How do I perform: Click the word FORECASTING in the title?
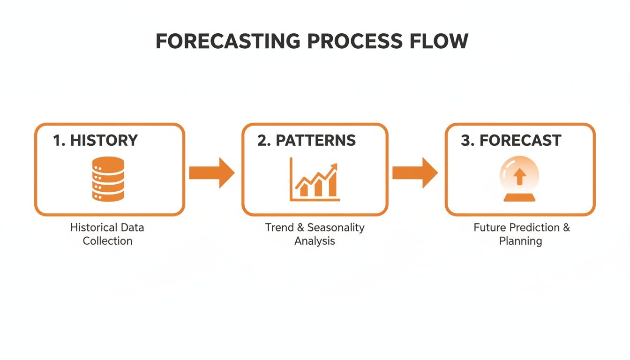[228, 42]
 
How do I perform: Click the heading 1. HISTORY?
[95, 140]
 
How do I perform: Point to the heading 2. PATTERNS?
[306, 140]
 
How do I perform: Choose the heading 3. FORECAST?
[511, 140]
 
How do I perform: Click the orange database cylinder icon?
[108, 179]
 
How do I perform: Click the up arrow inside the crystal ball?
[519, 177]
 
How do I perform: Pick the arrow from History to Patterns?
[212, 172]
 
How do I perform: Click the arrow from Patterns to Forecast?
[415, 172]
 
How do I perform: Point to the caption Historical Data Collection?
[107, 234]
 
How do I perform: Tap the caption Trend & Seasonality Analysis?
[315, 234]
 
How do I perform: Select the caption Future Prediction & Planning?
[521, 234]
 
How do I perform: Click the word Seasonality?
[336, 228]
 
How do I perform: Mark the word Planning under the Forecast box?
[520, 241]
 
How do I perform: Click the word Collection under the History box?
[107, 241]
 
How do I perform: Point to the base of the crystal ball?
[519, 197]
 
